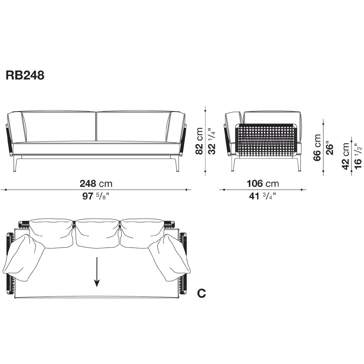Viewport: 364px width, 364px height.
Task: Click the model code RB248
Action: tap(25, 75)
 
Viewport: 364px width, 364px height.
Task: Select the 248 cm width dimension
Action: tap(96, 184)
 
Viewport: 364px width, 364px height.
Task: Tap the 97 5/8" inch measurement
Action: tap(96, 196)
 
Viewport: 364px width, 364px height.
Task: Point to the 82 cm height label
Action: tap(199, 141)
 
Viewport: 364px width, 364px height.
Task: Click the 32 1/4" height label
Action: tap(212, 141)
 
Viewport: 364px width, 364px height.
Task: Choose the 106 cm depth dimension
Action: tap(263, 184)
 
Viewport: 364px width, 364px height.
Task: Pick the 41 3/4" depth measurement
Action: tap(263, 196)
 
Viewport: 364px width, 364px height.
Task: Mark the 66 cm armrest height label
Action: tap(317, 148)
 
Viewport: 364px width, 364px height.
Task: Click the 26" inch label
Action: tap(330, 148)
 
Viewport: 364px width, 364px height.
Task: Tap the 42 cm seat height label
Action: tap(346, 156)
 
